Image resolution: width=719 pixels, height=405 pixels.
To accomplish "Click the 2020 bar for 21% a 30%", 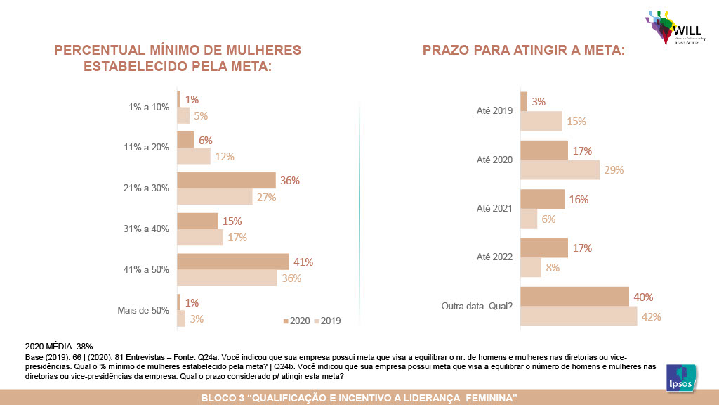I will click(x=226, y=180).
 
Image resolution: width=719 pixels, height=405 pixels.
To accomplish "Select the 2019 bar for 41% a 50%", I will click(x=227, y=278).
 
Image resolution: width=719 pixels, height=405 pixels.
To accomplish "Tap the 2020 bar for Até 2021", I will click(x=542, y=199).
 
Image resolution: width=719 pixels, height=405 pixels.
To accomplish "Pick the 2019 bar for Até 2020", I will click(x=560, y=169).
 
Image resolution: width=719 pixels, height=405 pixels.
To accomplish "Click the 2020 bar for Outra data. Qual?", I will click(x=574, y=297).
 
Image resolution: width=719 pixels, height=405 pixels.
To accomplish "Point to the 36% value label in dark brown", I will click(x=290, y=181).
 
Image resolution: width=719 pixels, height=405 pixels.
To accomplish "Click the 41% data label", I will click(x=303, y=262).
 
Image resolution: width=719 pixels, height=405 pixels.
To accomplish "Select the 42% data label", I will click(x=652, y=316).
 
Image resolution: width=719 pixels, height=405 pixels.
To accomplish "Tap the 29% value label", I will click(x=614, y=169).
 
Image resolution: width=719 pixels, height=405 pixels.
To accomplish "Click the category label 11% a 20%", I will click(x=147, y=148).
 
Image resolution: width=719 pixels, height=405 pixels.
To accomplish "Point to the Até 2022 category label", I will click(x=494, y=257).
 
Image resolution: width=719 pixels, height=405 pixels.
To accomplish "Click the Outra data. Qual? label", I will click(x=477, y=306).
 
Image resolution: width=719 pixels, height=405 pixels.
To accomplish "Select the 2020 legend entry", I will click(x=296, y=321).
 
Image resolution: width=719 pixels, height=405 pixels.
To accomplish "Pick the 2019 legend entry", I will click(x=327, y=321).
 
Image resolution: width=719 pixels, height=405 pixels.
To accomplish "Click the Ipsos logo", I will click(x=680, y=377).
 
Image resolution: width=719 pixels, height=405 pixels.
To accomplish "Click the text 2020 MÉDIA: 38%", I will click(x=59, y=347).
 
